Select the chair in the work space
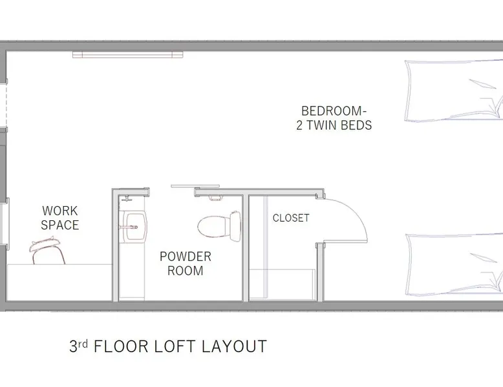click(47, 251)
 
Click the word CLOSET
click(291, 218)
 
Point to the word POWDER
click(186, 256)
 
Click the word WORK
click(60, 211)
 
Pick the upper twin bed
click(454, 90)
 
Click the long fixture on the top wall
click(127, 54)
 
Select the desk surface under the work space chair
click(59, 282)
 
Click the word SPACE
click(60, 225)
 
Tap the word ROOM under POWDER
click(186, 271)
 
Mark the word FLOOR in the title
click(121, 346)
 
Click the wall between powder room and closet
click(246, 248)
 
